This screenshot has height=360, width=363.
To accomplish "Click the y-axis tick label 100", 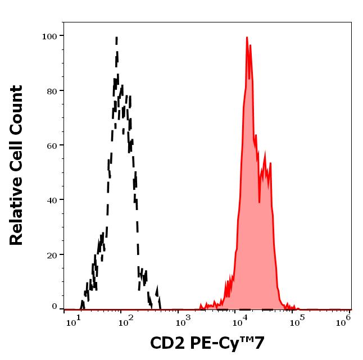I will (51, 36).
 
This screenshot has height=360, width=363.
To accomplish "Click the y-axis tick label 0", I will (55, 307).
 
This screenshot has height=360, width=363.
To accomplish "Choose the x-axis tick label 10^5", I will (294, 321).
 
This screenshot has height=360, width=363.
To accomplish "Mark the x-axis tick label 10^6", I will (346, 321).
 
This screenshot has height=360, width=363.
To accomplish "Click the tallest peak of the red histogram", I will (247, 38).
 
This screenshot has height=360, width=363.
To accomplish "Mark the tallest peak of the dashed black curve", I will (116, 38).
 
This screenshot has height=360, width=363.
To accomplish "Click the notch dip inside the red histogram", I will (259, 201).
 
